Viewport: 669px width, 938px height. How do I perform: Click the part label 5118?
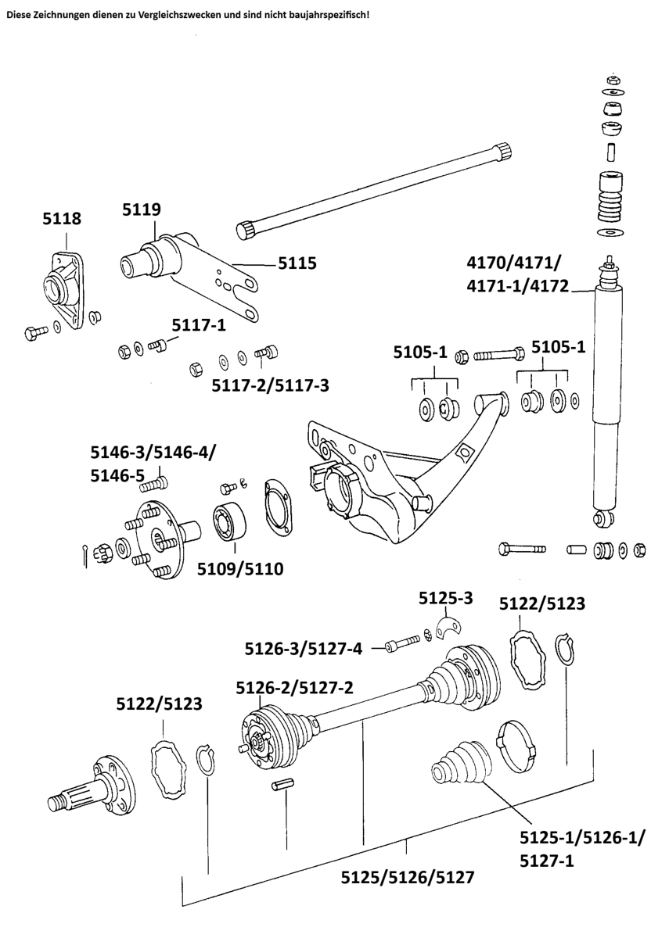click(x=61, y=219)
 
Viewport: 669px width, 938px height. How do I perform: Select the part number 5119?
click(x=142, y=209)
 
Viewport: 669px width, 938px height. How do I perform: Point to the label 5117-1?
click(x=199, y=324)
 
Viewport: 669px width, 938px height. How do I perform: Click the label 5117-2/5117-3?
click(x=271, y=385)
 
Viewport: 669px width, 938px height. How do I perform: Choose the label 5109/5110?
click(x=241, y=568)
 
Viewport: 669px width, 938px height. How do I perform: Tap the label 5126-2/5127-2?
click(x=295, y=688)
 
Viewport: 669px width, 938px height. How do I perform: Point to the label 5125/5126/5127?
click(x=407, y=876)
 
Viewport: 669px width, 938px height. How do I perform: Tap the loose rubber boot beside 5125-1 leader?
click(x=462, y=764)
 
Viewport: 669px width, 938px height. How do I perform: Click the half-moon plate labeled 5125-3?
click(x=451, y=627)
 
